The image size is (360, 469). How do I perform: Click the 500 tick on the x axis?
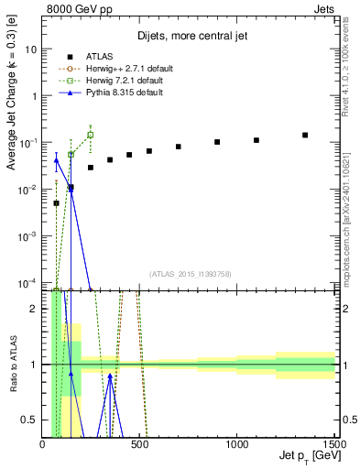(140, 443)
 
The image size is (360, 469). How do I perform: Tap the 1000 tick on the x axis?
(237, 443)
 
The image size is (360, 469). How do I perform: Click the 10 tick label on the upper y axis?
(30, 49)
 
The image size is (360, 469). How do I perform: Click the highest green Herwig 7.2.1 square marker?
(90, 135)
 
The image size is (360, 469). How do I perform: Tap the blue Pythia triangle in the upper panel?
(57, 160)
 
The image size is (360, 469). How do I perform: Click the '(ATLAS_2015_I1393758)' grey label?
(191, 274)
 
